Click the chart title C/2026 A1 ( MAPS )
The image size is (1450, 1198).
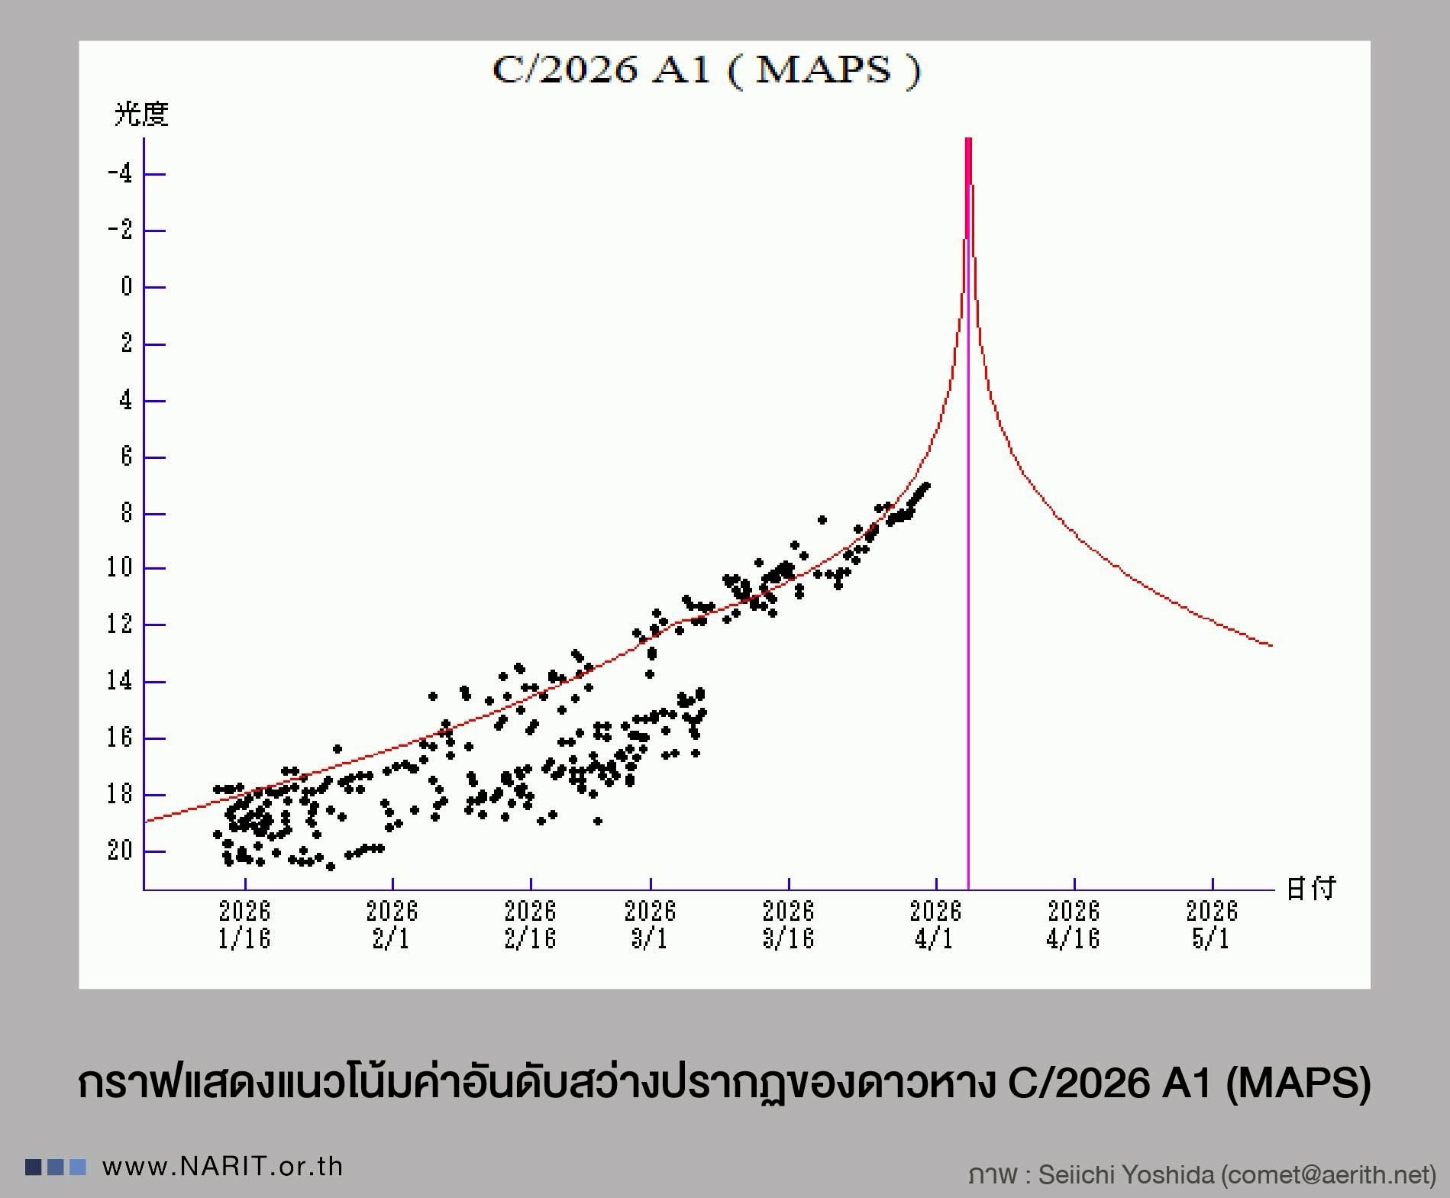(706, 70)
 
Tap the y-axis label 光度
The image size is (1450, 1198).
(141, 115)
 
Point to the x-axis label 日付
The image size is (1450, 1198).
(1311, 889)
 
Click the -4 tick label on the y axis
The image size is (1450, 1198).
(121, 174)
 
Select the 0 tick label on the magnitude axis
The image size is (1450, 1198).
(126, 287)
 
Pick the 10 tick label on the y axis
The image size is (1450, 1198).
(121, 568)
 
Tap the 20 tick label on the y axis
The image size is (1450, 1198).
(121, 851)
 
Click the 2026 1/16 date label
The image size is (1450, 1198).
(244, 924)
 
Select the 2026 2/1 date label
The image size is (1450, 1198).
(392, 924)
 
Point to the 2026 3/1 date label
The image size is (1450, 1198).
(650, 924)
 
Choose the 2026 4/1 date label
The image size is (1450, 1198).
(935, 924)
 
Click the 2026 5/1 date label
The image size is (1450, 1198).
(1212, 924)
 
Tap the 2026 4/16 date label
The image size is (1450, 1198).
(1074, 924)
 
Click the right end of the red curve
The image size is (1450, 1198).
(1270, 645)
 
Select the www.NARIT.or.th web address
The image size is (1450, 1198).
(222, 1167)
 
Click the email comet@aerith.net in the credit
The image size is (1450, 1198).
(1329, 1174)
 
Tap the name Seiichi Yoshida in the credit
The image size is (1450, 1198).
(1125, 1174)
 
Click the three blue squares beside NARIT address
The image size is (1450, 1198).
(56, 1167)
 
